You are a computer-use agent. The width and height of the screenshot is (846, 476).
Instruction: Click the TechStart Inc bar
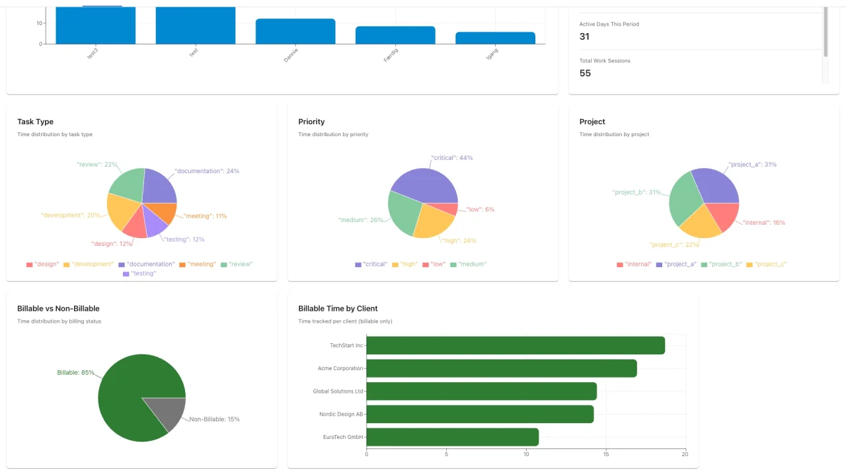[516, 345]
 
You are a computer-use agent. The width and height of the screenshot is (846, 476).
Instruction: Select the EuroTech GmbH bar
[453, 437]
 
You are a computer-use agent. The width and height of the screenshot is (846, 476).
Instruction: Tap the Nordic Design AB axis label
[340, 415]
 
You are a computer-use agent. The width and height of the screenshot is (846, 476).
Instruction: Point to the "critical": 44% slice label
[451, 158]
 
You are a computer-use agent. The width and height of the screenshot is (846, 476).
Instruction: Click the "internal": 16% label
[763, 223]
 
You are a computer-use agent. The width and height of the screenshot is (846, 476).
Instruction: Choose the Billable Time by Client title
[338, 309]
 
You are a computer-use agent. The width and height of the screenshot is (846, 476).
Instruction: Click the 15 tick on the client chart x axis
[605, 454]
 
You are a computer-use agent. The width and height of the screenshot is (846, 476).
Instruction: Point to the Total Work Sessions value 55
[585, 73]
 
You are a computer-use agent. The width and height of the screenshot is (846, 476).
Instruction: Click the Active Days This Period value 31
[584, 36]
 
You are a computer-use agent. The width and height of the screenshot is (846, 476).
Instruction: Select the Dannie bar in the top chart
[295, 32]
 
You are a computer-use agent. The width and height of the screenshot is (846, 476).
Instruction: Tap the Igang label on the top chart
[492, 54]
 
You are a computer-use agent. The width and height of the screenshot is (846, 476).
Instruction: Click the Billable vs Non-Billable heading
[58, 309]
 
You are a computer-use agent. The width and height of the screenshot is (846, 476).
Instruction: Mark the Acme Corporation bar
[501, 368]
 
